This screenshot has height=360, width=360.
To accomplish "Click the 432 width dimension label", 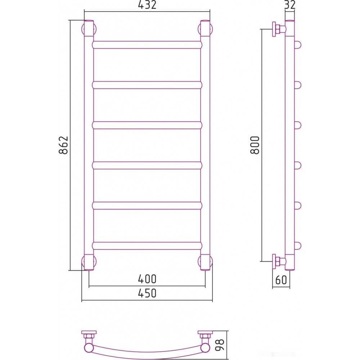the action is click(147, 5).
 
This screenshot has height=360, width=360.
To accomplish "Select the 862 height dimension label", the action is click(64, 145).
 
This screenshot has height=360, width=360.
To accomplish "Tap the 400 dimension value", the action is click(147, 279).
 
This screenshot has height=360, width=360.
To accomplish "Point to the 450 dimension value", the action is click(147, 293).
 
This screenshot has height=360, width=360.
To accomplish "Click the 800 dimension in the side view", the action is click(255, 145).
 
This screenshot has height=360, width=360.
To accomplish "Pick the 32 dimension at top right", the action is click(290, 5).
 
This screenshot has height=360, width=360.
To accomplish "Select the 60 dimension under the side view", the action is click(281, 280).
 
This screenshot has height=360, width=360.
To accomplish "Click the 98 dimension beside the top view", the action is click(220, 345).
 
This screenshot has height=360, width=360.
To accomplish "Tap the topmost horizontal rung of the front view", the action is click(147, 45).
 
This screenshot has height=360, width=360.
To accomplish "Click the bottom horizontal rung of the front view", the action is click(147, 246).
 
